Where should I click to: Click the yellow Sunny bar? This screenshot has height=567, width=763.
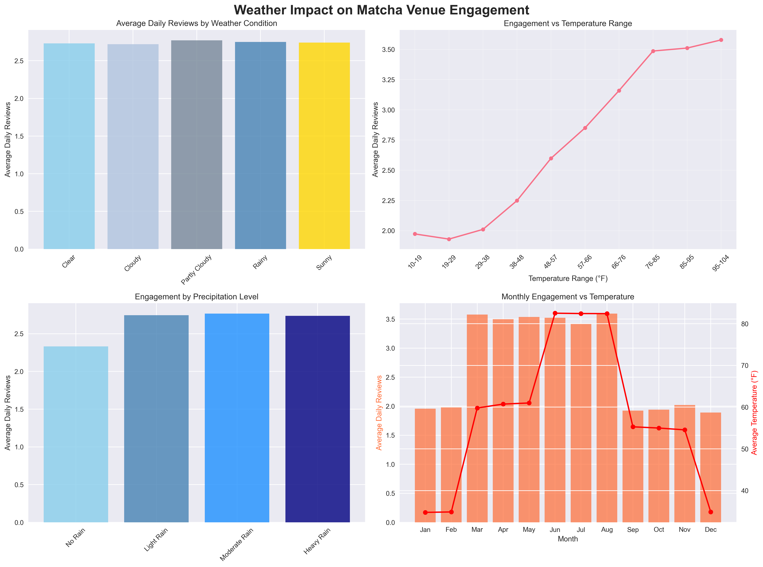324,146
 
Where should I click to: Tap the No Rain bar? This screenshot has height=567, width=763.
76,434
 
